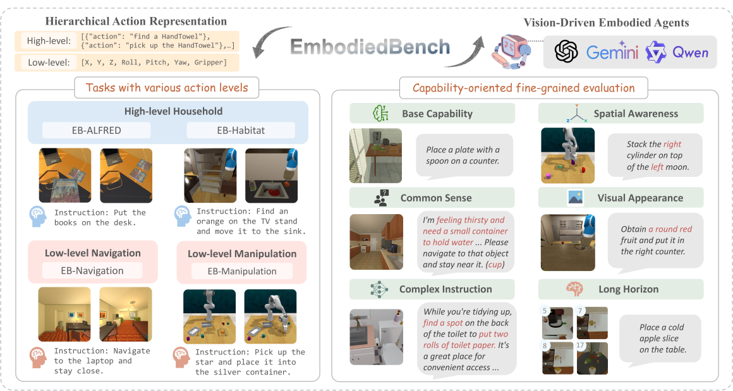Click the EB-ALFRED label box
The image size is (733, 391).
tap(96, 130)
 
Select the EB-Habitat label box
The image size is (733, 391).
tap(241, 130)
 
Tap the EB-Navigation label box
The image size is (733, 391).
tap(92, 270)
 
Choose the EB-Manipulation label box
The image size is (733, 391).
tap(242, 271)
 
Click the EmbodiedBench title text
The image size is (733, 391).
tap(370, 47)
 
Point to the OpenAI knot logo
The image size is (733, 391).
tap(566, 51)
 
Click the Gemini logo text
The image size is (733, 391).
tap(612, 51)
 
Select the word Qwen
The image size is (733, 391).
tap(690, 52)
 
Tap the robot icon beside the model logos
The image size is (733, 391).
tap(511, 52)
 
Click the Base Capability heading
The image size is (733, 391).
tap(437, 114)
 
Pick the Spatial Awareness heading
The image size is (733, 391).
tap(636, 114)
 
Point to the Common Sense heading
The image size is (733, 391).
tap(435, 198)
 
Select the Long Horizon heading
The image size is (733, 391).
tap(628, 289)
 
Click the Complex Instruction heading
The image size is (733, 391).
tap(445, 289)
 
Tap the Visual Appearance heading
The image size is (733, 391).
tap(640, 198)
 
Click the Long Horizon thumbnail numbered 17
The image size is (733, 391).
tap(592, 358)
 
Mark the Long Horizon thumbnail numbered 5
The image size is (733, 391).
tap(557, 323)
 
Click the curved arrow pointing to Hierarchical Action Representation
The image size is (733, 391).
tap(270, 42)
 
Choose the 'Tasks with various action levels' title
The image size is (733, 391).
tap(167, 88)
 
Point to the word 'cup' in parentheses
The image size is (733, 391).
tap(495, 265)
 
